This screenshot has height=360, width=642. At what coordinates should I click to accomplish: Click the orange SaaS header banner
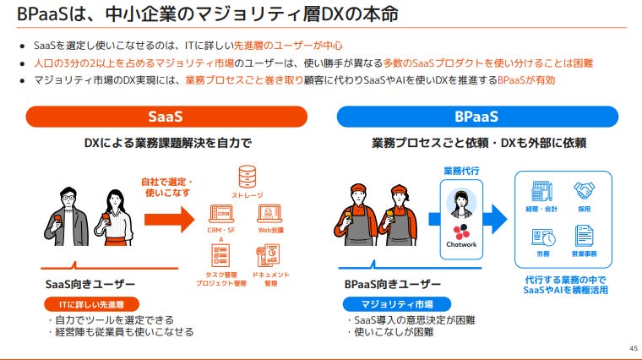click(166, 117)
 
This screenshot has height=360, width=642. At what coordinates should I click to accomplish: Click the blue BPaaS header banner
click(476, 117)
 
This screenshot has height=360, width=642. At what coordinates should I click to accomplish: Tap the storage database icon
click(247, 177)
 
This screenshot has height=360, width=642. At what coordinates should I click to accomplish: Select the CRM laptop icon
click(221, 214)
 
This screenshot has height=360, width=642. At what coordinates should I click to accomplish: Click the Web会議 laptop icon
click(269, 214)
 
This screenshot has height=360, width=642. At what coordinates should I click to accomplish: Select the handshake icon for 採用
click(584, 191)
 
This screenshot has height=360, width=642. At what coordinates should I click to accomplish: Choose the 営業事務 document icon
click(584, 236)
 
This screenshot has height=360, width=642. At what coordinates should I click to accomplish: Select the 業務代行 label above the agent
click(460, 171)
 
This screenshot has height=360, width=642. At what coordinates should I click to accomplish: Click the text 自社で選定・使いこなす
click(167, 188)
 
